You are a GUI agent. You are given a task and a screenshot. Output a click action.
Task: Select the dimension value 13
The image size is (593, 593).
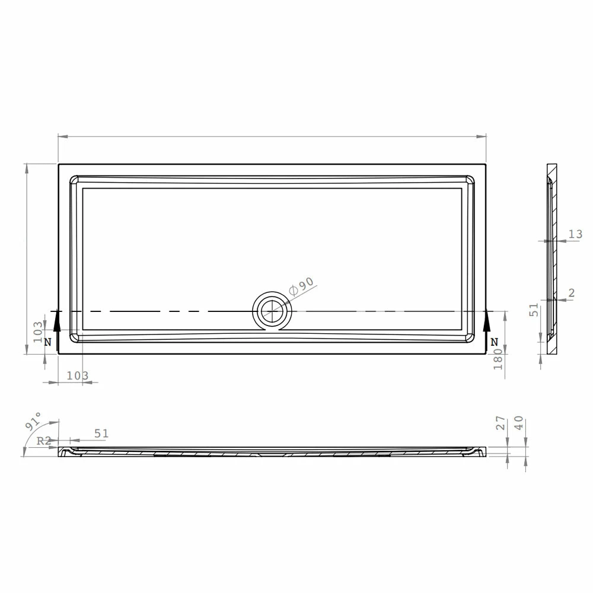coord(575,234)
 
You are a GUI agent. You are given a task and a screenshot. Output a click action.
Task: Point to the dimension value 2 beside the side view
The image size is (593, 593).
coord(571,292)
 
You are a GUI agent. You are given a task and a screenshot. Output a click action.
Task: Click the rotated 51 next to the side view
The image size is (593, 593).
coord(534,310)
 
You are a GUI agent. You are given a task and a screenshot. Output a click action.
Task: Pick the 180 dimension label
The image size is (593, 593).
coord(498,359)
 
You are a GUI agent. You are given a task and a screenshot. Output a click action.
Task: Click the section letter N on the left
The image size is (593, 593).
coord(47,342)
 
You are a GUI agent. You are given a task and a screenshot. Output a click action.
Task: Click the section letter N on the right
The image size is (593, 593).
coord(495,342)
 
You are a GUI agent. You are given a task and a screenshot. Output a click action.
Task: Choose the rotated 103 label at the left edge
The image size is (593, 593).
coord(37,332)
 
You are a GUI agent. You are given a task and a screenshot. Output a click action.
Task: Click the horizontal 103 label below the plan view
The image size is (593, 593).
coord(77,375)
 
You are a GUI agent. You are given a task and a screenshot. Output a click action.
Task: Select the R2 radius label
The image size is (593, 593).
coord(43,441)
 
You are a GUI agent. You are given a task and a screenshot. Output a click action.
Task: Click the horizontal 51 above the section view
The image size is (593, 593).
coord(101,433)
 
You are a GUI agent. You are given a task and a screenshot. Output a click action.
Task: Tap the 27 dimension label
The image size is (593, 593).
coord(500,423)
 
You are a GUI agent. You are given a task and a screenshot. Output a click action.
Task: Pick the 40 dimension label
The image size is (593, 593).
coord(519,423)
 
